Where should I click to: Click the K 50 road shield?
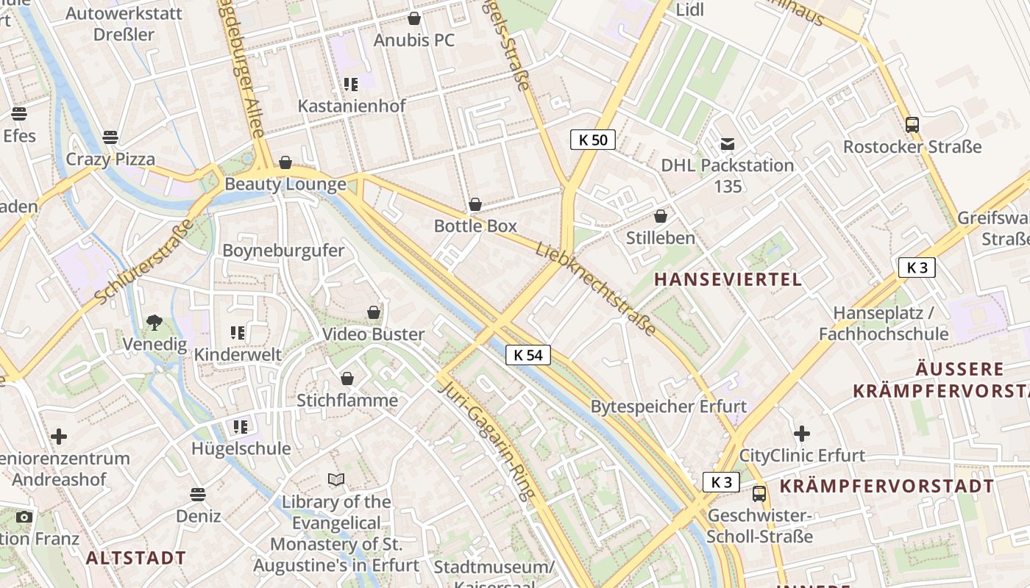point(592,140)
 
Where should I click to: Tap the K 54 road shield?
point(528,356)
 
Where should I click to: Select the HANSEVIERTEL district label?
point(728,279)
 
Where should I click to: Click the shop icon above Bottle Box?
point(475,204)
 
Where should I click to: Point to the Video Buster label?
point(373,334)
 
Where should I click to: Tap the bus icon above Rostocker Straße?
point(912,125)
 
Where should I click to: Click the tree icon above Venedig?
point(154,322)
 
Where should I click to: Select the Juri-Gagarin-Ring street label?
point(486,441)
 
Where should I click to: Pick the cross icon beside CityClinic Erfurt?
point(802,434)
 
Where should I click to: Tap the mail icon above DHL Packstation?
point(728,144)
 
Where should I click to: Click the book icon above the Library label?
point(336,480)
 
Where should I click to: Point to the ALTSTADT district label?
point(136,558)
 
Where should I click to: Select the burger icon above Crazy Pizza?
point(110,137)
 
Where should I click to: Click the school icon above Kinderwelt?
point(238,333)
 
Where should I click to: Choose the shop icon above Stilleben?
point(661,216)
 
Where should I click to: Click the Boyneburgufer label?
point(283,251)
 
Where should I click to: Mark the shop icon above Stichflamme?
point(347,379)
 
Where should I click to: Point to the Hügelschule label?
point(241,448)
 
